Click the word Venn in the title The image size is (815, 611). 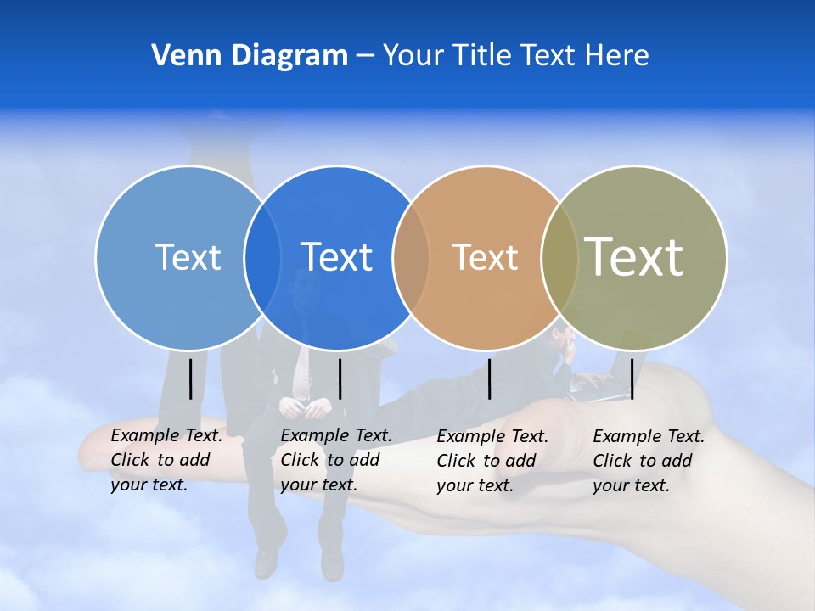point(179,56)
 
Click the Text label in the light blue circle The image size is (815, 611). point(188,257)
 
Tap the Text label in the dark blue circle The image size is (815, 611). point(336,257)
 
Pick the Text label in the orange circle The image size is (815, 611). point(485,257)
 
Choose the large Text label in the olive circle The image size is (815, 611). point(633,257)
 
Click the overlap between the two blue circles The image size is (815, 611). point(262,257)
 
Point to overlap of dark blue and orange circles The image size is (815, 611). point(411,257)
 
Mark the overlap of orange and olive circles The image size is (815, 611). point(559,257)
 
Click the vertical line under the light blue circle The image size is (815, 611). point(191,378)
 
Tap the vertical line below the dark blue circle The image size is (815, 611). point(340,378)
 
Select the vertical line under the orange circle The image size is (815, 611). point(489,378)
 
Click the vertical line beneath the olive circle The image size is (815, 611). point(632,378)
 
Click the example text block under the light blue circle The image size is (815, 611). point(166,460)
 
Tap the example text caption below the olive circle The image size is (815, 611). point(648,461)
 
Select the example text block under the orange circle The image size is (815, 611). point(492,461)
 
